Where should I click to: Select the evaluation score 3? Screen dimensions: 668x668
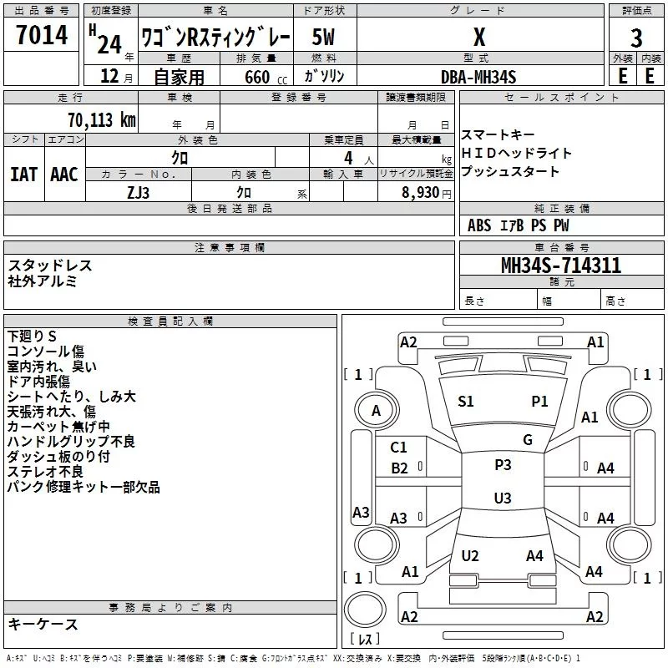tap(636, 38)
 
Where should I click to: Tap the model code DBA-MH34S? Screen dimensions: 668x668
tap(478, 77)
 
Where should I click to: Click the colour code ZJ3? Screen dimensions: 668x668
tap(139, 191)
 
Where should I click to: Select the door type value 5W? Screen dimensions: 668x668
tap(324, 38)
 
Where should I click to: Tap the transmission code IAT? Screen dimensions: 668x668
tap(23, 174)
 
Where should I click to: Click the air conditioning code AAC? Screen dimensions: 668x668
tap(63, 174)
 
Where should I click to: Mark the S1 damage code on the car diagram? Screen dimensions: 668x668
tap(466, 402)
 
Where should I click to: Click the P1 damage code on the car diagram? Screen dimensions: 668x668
tap(539, 402)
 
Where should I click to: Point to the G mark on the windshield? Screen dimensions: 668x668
tap(528, 440)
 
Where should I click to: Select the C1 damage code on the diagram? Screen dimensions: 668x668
tap(399, 448)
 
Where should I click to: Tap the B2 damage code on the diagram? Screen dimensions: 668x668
tap(400, 468)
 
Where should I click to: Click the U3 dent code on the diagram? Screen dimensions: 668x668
tap(503, 498)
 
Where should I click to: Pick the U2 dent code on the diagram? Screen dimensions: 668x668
tap(470, 556)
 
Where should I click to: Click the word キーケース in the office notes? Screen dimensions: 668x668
tap(43, 625)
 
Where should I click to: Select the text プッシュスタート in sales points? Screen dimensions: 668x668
tap(510, 172)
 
